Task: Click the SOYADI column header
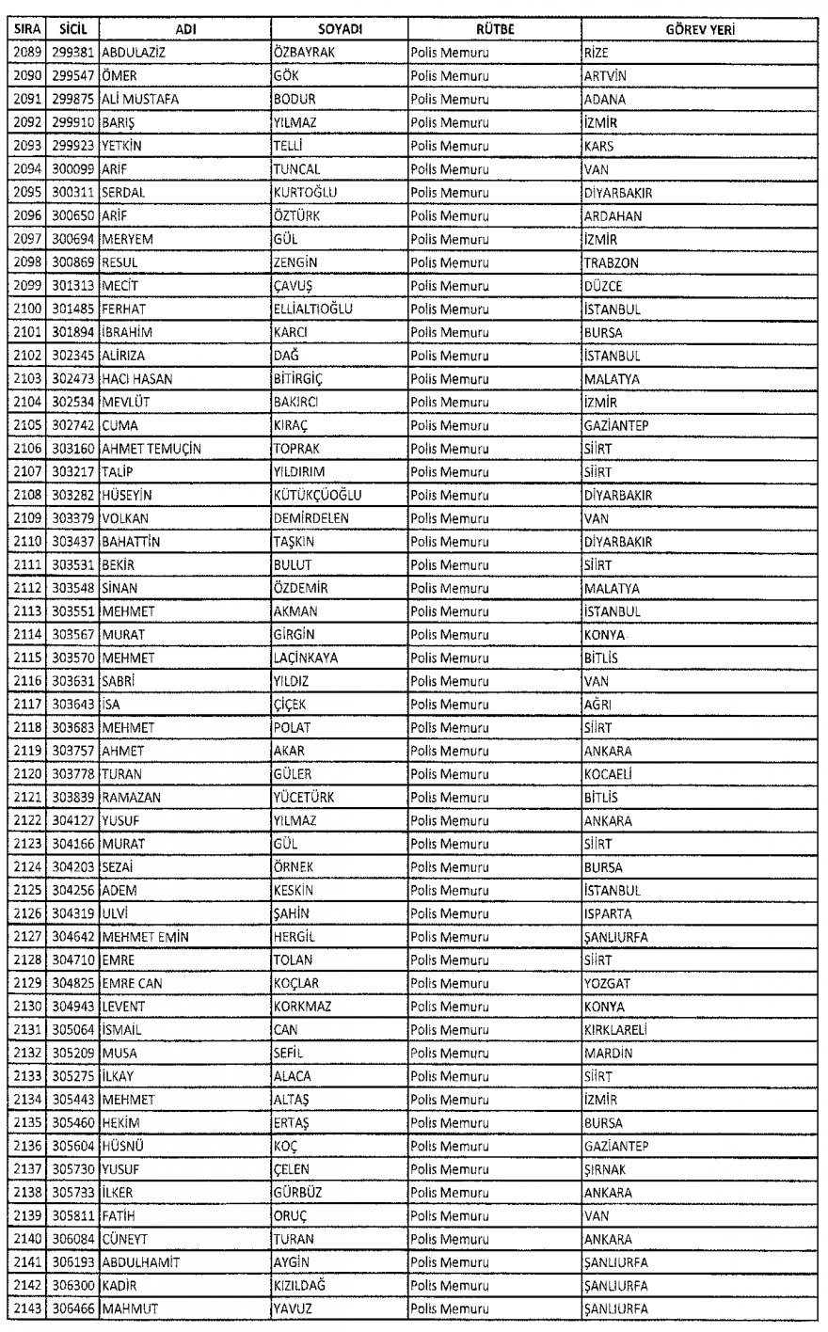point(336,30)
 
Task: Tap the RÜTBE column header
point(492,30)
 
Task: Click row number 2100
point(26,309)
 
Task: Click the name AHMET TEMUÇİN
point(148,449)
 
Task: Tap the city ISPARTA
point(608,913)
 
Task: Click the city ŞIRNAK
point(606,1169)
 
